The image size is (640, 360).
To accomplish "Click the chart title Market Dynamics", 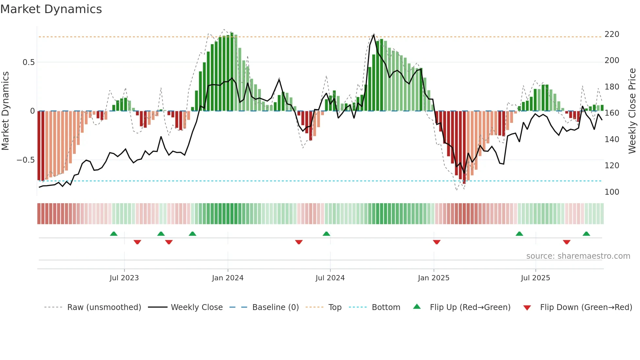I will (x=51, y=9).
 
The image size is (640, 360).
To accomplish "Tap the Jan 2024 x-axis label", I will (x=228, y=278).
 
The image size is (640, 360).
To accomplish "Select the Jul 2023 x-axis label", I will (x=124, y=278).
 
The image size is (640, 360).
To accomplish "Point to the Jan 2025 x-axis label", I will (x=434, y=278).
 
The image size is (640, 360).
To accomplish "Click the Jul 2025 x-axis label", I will (x=536, y=278).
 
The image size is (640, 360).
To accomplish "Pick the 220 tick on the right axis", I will (x=612, y=34).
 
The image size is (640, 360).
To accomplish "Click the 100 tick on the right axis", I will (x=612, y=192).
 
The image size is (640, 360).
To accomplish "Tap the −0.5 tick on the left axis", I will (x=26, y=160).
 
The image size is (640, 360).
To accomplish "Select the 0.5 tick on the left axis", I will (x=28, y=62).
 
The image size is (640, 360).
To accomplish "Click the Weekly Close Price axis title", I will (x=632, y=111).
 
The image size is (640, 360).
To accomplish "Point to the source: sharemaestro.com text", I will (x=578, y=256).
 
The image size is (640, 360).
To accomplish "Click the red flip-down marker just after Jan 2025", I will (x=437, y=242).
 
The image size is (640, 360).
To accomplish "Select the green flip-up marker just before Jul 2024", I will (x=326, y=234).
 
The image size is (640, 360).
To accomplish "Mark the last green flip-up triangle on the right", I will (x=586, y=234).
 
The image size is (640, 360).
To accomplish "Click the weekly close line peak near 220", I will (x=374, y=35).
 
